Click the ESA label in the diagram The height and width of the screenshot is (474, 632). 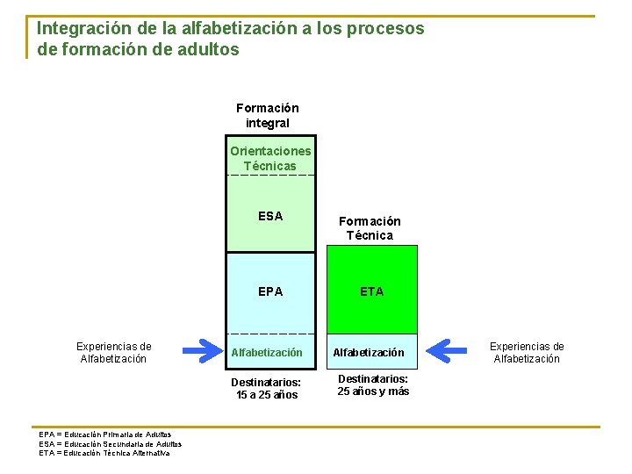coord(270,216)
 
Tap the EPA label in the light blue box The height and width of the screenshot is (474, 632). coord(270,291)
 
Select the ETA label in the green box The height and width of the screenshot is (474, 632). coord(371,291)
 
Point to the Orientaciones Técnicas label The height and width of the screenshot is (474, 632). coord(270,158)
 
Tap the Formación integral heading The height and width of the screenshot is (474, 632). coord(267,115)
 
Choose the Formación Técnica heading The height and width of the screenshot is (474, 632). coord(370,228)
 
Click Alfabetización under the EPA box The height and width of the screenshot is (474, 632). coord(267,353)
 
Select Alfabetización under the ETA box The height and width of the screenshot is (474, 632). coord(369,353)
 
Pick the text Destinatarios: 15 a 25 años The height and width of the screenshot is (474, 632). coord(266,388)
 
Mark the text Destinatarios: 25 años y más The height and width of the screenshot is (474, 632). coord(373,385)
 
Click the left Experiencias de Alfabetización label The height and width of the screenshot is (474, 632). coord(113,352)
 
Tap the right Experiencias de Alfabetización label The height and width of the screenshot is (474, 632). coord(527,352)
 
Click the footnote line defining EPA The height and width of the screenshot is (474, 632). coord(105,434)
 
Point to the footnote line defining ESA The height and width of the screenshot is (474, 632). coord(110,443)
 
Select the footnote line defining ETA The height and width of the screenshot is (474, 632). coord(104,453)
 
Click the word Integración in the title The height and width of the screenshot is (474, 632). coord(81,28)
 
